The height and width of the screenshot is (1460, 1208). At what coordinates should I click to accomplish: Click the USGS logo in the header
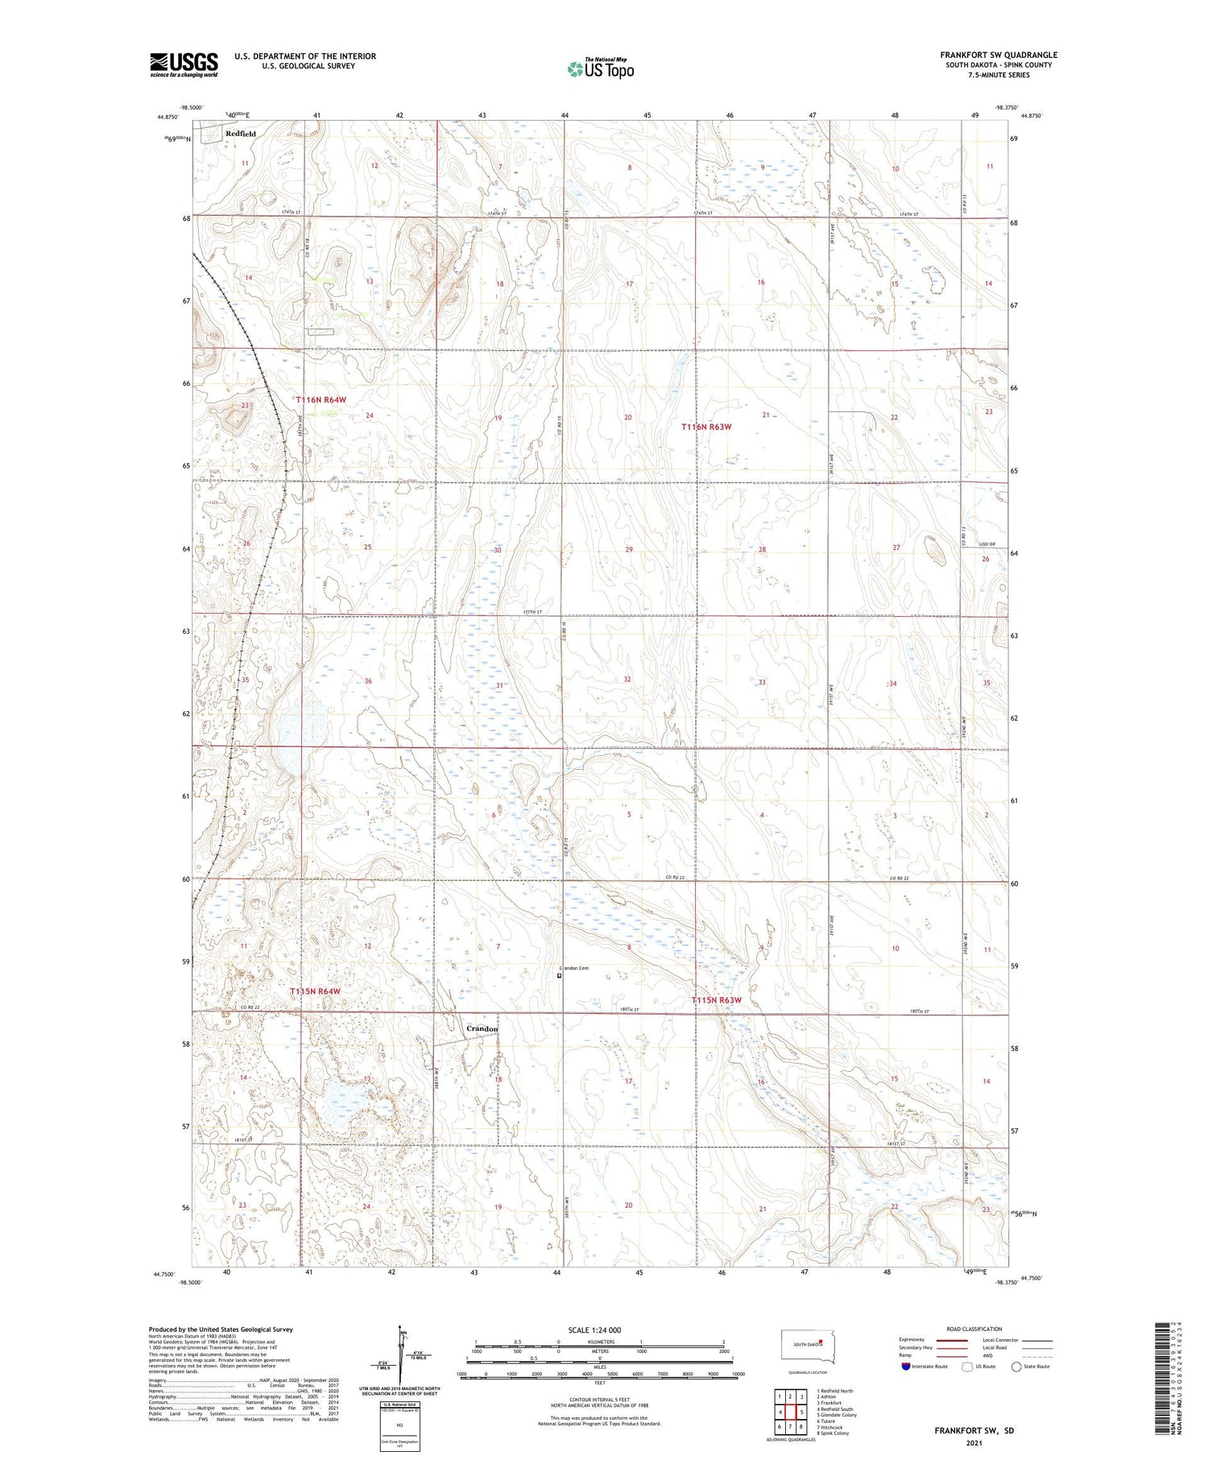click(184, 64)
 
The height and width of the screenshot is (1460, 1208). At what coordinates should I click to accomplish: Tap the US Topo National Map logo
click(601, 68)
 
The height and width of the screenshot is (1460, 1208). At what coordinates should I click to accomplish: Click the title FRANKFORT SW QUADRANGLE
click(999, 55)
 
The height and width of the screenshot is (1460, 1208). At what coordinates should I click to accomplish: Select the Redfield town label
click(241, 134)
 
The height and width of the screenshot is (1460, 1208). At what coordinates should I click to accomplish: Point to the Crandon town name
click(482, 1029)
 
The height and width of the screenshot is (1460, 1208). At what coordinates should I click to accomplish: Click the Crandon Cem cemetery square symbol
click(560, 976)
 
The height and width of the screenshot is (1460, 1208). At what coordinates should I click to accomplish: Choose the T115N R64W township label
click(315, 991)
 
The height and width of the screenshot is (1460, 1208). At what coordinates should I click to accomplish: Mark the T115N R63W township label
click(716, 1000)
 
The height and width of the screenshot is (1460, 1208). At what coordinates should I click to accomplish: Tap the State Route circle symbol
click(1016, 1367)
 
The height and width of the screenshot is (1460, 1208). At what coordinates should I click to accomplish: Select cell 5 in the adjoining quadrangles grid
click(802, 1412)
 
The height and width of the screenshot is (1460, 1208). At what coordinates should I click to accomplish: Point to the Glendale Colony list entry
click(837, 1415)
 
